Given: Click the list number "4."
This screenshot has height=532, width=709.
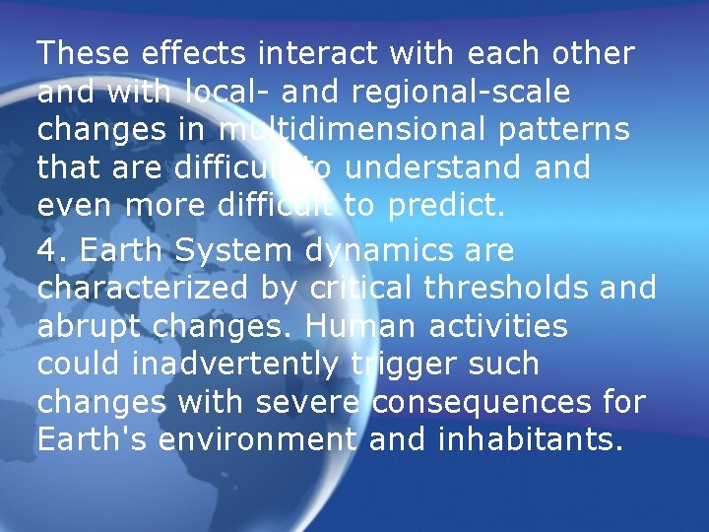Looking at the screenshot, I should (x=52, y=249).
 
